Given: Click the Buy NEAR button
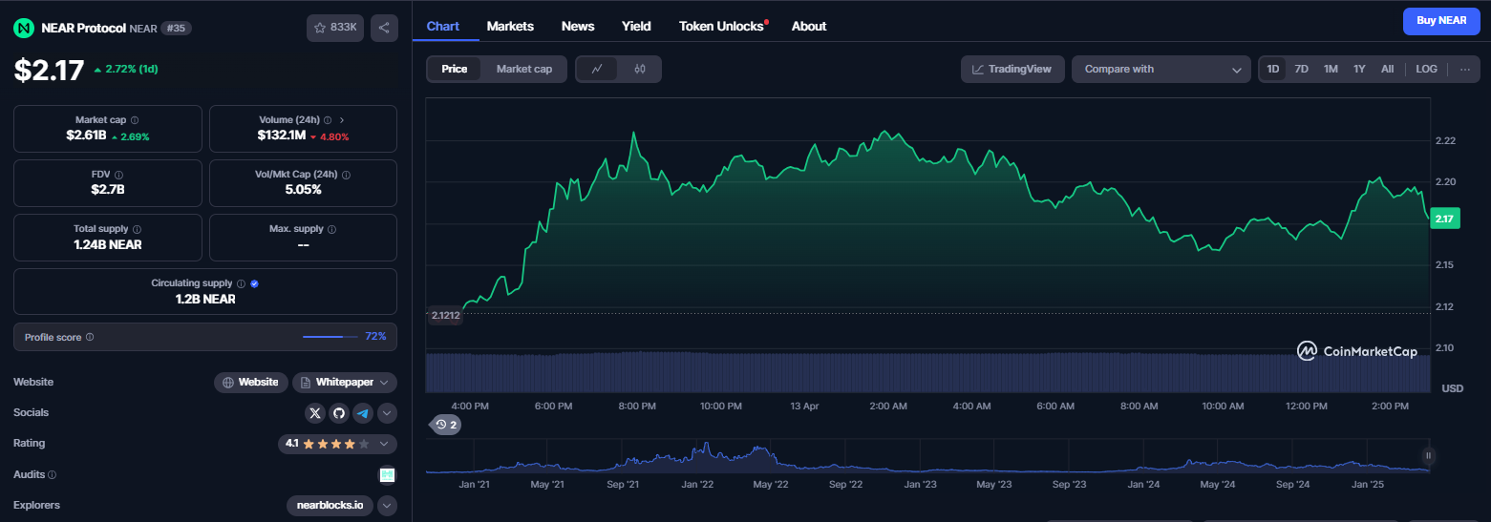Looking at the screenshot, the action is coord(1441,21).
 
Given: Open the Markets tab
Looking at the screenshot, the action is coord(510,26).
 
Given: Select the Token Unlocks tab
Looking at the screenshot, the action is coord(721,26).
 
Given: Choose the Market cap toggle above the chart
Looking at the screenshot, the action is coord(523,69).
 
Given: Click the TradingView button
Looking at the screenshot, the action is coord(1012,69).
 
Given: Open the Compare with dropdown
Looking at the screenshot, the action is coord(1161,69).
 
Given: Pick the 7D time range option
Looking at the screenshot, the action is coord(1301,69).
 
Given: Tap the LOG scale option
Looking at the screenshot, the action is coord(1426,69).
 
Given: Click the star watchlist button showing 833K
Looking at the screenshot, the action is coord(335,28).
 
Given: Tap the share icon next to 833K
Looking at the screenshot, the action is coord(384,28).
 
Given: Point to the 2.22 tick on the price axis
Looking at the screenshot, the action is coord(1445,140).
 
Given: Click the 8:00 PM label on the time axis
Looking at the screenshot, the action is coord(637,406).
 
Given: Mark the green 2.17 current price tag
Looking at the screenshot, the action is coord(1444,219).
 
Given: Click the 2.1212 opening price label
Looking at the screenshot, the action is coord(445,315).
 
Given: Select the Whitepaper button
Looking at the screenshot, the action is coord(345,383).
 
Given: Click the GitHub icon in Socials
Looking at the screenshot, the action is coord(339,413).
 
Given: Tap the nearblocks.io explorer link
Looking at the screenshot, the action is coord(330,506).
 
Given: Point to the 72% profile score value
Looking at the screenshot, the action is coord(375,337).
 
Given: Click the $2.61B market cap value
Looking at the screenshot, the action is coord(87,135).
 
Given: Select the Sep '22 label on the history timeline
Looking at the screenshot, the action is coord(845,484).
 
